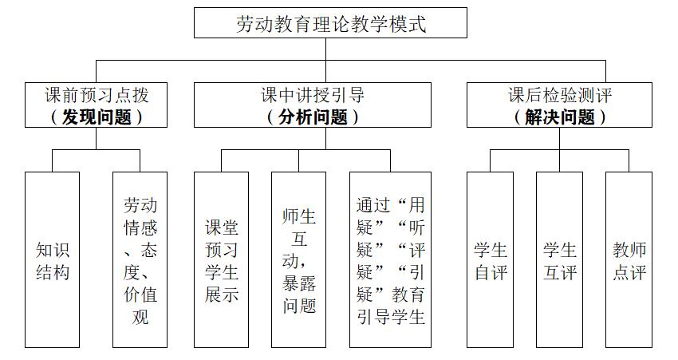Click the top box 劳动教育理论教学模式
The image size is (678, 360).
coord(330,22)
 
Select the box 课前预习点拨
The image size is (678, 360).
coord(96,105)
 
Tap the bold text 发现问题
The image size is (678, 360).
coord(96,117)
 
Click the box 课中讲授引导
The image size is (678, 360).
coord(312,105)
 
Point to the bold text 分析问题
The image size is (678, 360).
coord(313,117)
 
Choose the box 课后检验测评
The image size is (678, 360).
coord(559,105)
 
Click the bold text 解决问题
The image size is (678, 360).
coord(560,117)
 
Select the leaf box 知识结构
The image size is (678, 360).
coord(53,259)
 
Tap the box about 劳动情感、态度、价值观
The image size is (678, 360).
coord(140,259)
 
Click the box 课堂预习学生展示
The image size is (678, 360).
coord(222,259)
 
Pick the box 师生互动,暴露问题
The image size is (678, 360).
coord(299,259)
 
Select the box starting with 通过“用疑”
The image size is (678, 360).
coord(391,259)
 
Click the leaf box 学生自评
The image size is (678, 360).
coord(491,259)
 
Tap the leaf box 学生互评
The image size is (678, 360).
coord(559,259)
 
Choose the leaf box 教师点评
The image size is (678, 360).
coord(629,259)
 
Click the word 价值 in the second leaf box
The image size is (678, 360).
coord(140,295)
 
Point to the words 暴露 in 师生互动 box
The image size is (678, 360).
coord(299,283)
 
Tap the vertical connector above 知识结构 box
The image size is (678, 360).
coord(53,161)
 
